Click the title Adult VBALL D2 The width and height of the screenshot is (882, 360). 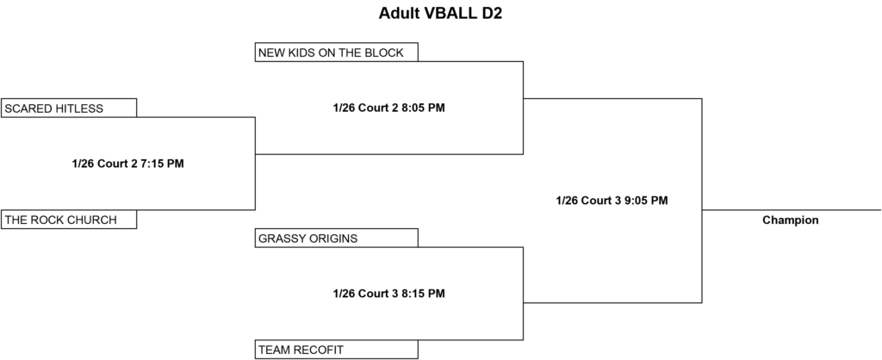pyautogui.click(x=440, y=14)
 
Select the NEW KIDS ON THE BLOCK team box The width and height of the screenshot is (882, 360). pyautogui.click(x=337, y=52)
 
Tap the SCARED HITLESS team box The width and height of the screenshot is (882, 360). pyautogui.click(x=69, y=108)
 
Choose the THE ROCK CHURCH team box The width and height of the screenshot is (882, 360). pyautogui.click(x=69, y=220)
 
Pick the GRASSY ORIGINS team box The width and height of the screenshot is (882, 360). pyautogui.click(x=337, y=238)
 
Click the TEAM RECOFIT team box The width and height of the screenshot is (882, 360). pyautogui.click(x=337, y=350)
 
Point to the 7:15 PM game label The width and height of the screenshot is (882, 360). pyautogui.click(x=127, y=164)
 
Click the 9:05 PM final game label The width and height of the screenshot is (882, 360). pyautogui.click(x=612, y=201)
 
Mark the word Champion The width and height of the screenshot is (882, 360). pyautogui.click(x=791, y=220)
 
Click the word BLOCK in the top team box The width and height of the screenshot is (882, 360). pyautogui.click(x=384, y=53)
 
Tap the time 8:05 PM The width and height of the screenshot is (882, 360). pyautogui.click(x=423, y=108)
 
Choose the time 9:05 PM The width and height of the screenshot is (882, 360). pyautogui.click(x=646, y=201)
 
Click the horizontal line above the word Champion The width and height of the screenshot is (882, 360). pyautogui.click(x=792, y=210)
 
